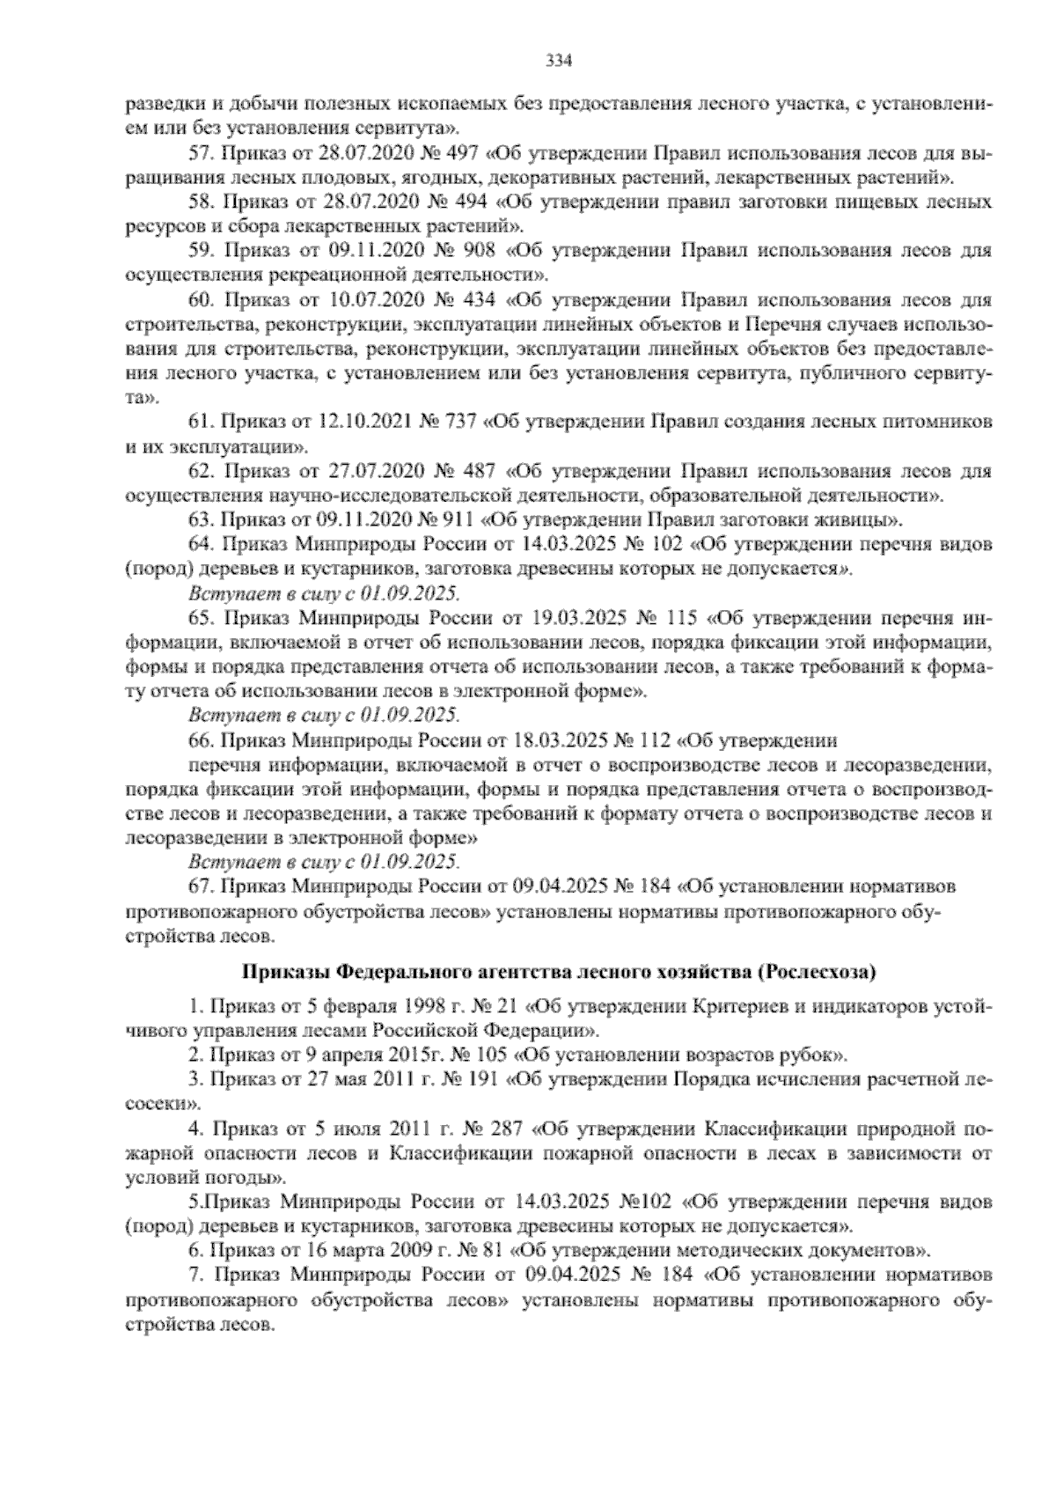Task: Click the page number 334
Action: [560, 61]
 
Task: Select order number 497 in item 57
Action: [464, 154]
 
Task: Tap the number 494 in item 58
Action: [472, 202]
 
